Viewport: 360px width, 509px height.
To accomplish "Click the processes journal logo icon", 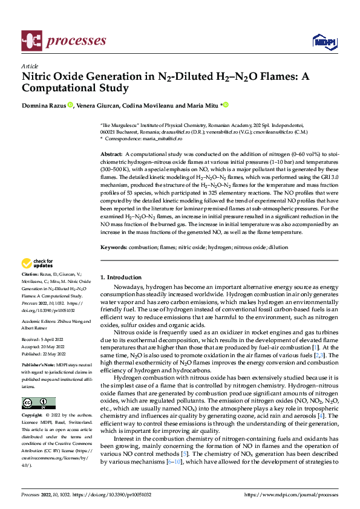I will (x=31, y=41).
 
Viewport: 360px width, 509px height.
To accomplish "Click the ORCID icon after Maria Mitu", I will (x=226, y=105).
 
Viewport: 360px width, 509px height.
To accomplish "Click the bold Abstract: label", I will (x=111, y=155).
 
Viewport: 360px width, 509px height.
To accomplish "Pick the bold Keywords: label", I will (x=113, y=247).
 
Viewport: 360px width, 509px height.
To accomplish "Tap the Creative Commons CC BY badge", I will (x=38, y=403).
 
